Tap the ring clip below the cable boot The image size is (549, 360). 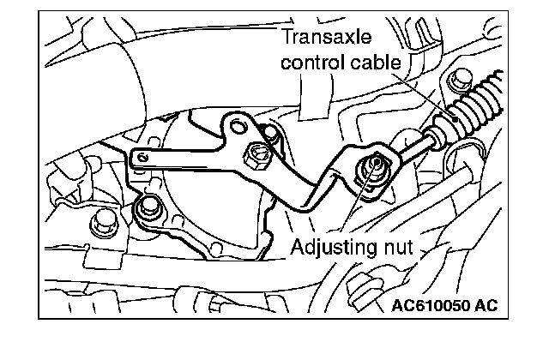460,157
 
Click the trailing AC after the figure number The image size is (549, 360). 484,305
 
